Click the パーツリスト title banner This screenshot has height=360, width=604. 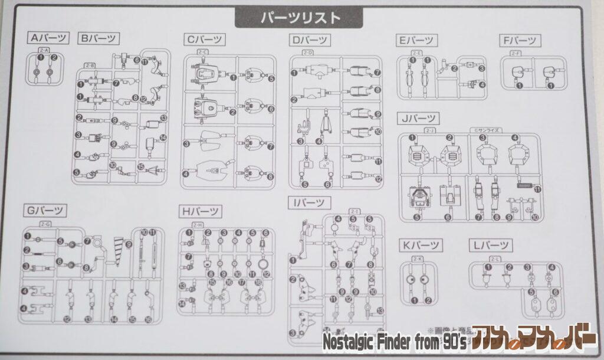point(301,18)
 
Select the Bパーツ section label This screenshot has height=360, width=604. point(99,39)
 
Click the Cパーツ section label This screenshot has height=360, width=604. point(205,40)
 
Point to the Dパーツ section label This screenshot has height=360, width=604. point(310,41)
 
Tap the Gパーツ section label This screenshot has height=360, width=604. point(45,210)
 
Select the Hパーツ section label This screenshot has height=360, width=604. point(201,211)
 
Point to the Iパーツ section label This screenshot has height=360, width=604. point(308,203)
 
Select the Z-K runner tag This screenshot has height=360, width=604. point(417,258)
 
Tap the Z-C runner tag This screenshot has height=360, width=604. point(202,53)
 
